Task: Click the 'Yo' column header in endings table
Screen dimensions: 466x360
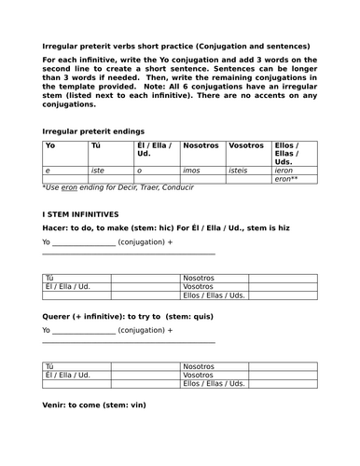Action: click(x=50, y=146)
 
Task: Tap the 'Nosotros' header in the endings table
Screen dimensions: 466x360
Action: click(x=201, y=146)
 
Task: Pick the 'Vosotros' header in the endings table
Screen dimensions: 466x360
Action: click(x=246, y=146)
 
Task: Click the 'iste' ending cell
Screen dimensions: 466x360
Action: click(x=98, y=171)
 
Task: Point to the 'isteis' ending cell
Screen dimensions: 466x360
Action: click(x=241, y=171)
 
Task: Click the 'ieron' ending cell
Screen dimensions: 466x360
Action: click(x=285, y=171)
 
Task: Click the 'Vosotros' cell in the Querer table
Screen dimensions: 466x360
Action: click(x=200, y=375)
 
